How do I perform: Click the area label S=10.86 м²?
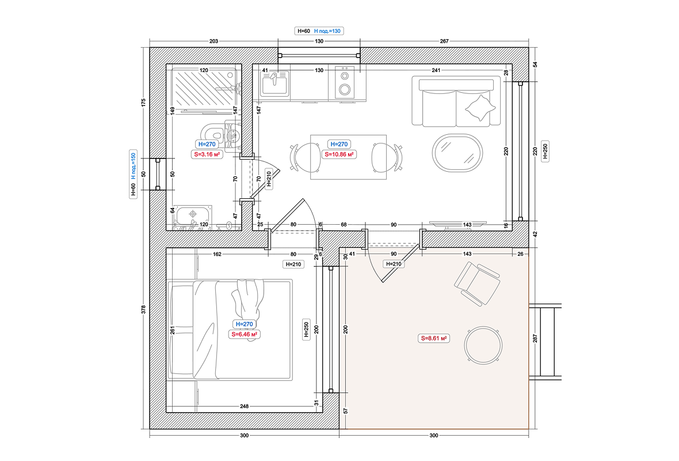tap(339, 154)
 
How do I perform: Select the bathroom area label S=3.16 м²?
tap(207, 154)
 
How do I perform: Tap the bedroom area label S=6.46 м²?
tap(245, 334)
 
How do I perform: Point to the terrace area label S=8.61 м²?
tap(434, 338)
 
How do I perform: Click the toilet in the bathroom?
tap(221, 133)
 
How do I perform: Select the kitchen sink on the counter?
tap(274, 83)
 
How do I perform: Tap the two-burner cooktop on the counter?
tap(345, 82)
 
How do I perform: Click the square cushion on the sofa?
tap(480, 108)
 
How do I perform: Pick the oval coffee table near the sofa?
tap(457, 153)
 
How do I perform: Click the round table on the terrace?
tap(483, 345)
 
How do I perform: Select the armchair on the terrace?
tap(477, 284)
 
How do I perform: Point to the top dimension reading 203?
tap(213, 41)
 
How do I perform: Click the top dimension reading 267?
tap(444, 41)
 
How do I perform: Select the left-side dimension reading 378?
tap(143, 309)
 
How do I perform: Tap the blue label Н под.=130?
tap(327, 31)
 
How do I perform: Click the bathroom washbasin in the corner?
tap(192, 216)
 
